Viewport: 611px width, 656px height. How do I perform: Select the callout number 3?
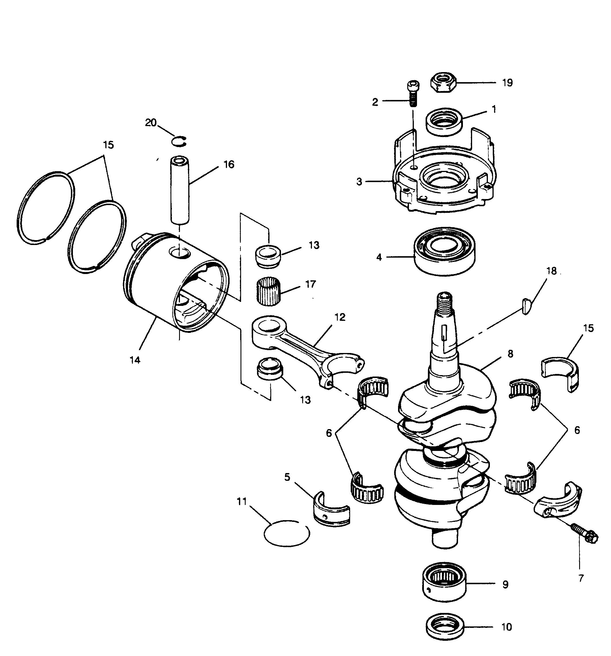[x=359, y=182]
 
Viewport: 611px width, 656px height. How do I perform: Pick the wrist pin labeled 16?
[x=180, y=190]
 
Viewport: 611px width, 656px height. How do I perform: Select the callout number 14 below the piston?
[x=135, y=360]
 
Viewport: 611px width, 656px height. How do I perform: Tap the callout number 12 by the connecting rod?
[x=340, y=317]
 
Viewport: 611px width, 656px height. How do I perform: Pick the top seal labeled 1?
[x=444, y=122]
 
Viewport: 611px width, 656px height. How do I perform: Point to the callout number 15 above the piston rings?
[x=108, y=145]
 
